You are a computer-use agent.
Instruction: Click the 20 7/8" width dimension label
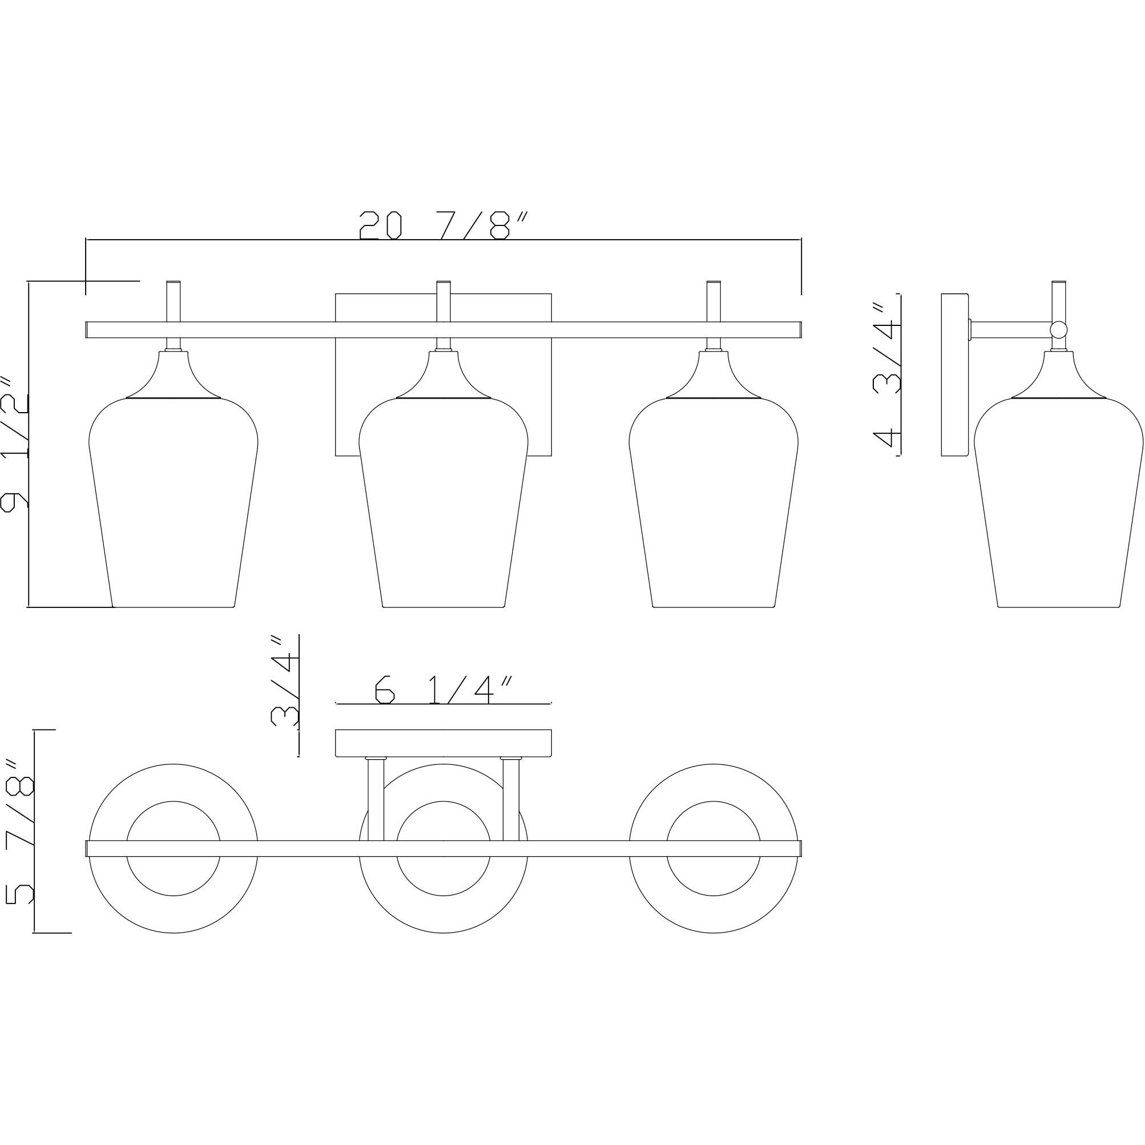443,225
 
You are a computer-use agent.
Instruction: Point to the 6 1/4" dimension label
443,690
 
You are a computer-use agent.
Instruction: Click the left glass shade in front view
173,502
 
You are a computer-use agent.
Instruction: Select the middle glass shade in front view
444,502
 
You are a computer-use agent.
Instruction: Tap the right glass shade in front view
713,502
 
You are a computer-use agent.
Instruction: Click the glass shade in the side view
1058,502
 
